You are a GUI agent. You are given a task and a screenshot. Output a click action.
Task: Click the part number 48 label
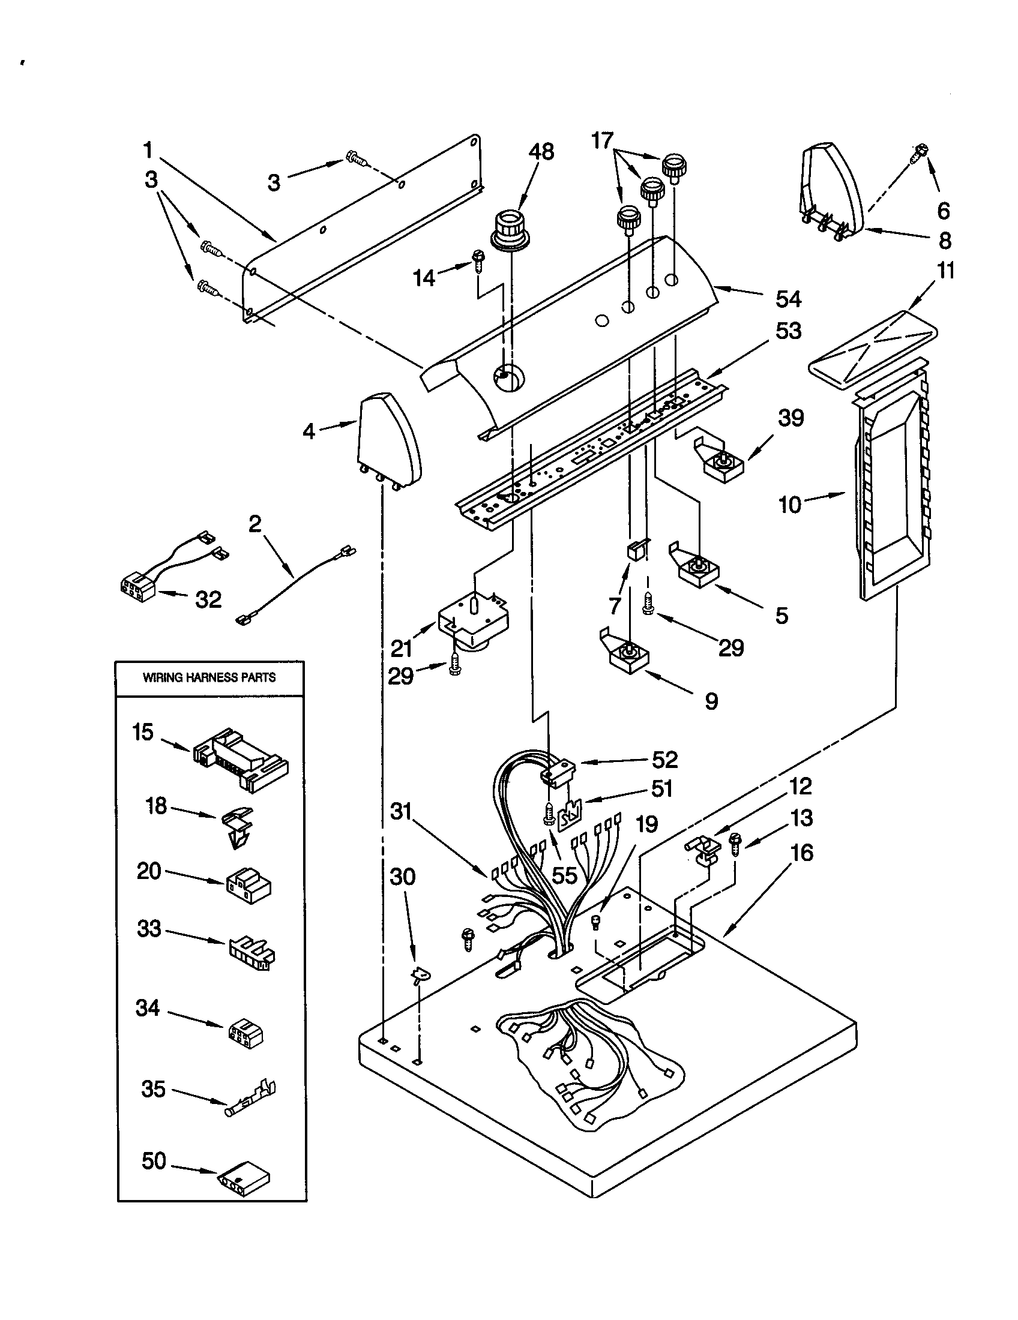pyautogui.click(x=541, y=152)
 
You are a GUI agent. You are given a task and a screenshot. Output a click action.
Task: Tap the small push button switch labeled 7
pyautogui.click(x=634, y=550)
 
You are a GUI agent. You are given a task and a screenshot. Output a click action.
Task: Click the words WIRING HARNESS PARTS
pyautogui.click(x=209, y=677)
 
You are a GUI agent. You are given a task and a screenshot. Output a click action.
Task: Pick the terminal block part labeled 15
pyautogui.click(x=240, y=759)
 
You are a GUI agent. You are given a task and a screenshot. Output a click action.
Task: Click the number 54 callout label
pyautogui.click(x=788, y=299)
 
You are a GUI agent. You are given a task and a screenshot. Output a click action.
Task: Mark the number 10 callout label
pyautogui.click(x=789, y=504)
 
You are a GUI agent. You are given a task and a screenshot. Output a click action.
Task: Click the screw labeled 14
pyautogui.click(x=478, y=262)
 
